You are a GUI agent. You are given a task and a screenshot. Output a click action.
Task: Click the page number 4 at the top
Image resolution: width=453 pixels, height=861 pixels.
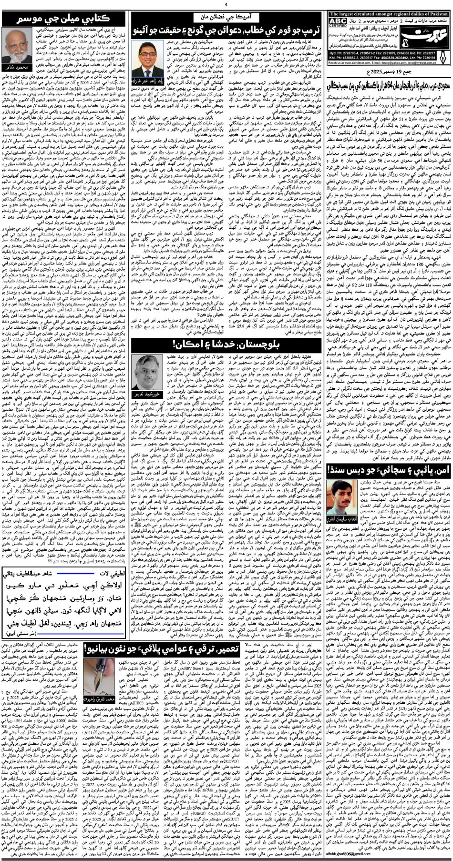click(x=226, y=4)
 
